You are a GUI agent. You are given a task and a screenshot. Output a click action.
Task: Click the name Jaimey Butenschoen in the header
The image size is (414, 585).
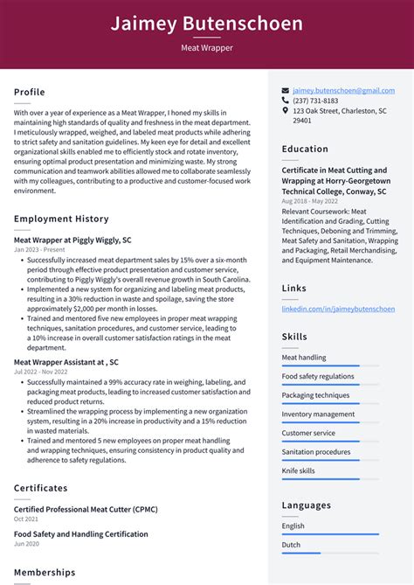coord(207,24)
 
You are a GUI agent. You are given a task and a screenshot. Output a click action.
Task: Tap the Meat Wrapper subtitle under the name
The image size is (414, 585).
coord(207,48)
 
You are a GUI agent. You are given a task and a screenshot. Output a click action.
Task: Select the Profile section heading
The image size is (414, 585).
coord(30,92)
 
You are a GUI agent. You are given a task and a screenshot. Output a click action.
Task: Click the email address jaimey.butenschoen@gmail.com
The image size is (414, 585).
coord(343,90)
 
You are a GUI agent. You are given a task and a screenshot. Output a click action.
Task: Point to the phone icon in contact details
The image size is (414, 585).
coord(286,101)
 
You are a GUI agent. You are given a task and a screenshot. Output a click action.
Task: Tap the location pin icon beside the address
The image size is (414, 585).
coord(286,111)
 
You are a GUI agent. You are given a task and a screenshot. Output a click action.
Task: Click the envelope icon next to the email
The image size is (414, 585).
coord(286,90)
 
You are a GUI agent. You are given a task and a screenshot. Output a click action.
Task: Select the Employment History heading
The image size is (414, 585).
coord(61,219)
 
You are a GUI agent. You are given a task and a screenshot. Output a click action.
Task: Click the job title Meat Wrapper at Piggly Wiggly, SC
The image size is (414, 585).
coord(72,239)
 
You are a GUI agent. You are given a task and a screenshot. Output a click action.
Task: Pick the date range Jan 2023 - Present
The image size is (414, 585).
coord(39,249)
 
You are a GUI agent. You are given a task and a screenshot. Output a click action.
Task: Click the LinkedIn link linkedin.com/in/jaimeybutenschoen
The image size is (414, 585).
coord(338,309)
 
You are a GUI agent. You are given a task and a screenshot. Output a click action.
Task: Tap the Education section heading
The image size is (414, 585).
coord(305,149)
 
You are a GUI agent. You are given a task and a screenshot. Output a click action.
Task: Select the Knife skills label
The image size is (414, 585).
coord(298,470)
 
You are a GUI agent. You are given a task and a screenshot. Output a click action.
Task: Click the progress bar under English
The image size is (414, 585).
coord(330,533)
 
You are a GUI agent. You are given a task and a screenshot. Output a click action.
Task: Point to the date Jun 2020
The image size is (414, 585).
coord(26,544)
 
